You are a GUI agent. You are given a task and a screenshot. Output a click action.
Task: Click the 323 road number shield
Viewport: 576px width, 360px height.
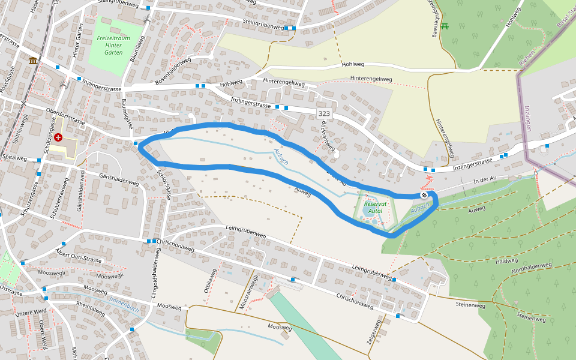[324, 113]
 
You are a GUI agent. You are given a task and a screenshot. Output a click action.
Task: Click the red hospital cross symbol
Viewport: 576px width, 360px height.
[58, 137]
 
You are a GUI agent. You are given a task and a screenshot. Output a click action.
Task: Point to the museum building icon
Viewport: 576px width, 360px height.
[32, 61]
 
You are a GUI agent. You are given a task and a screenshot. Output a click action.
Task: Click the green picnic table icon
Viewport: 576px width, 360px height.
[445, 26]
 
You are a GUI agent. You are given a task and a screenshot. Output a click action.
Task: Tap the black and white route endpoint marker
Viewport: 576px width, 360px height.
[424, 195]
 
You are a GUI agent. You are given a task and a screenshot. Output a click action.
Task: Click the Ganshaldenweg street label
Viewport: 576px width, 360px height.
[119, 179]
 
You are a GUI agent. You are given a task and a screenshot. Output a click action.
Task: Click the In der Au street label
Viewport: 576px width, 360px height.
[486, 180]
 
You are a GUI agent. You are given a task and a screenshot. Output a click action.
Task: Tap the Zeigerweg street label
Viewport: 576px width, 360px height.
[373, 332]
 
